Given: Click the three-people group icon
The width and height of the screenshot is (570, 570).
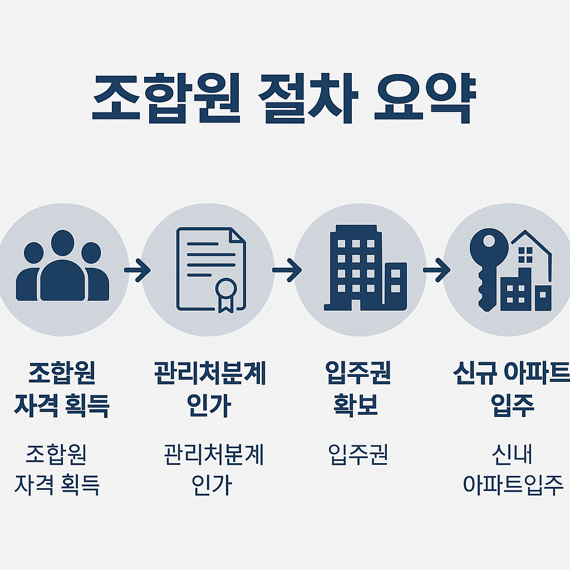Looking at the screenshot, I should point(63,267).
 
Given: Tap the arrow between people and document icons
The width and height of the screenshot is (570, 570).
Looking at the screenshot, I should point(137,272).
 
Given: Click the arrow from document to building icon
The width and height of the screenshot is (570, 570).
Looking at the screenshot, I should point(287,271).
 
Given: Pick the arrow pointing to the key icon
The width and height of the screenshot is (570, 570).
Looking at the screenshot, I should point(436,271).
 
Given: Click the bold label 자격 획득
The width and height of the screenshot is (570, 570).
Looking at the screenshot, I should point(62,405).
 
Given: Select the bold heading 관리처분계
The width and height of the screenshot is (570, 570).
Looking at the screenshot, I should point(210,374).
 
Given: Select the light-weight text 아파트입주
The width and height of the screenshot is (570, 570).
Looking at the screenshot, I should point(513,484).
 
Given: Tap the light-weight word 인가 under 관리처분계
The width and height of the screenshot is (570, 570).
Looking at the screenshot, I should point(211,484).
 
